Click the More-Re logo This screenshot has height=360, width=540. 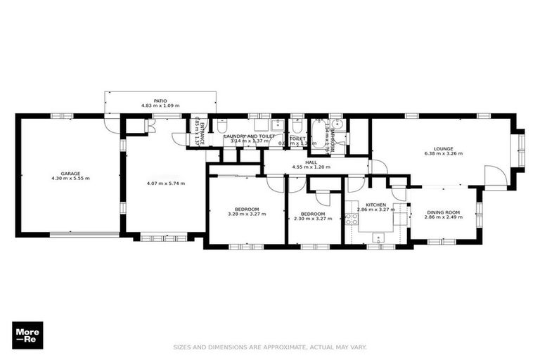(x=27, y=335)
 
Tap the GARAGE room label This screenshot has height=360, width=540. (x=70, y=173)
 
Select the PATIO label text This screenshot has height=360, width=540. (x=160, y=101)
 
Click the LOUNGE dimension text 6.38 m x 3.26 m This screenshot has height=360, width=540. (x=443, y=153)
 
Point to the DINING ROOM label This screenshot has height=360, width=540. (x=442, y=212)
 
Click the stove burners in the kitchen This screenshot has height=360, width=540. (x=352, y=219)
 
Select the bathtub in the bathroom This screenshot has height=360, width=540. (x=326, y=139)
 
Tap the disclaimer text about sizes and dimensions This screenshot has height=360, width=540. (x=270, y=347)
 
